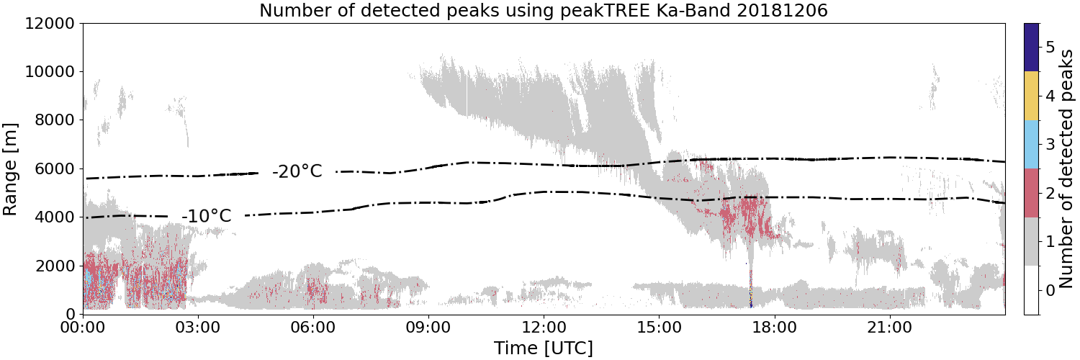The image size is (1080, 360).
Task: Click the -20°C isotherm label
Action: (x=297, y=171)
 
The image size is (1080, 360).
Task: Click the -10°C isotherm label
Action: (x=207, y=215)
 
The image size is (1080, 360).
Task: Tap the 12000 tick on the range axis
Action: (x=50, y=23)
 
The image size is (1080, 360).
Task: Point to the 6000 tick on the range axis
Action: (x=55, y=168)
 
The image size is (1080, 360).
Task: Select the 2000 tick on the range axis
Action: (x=55, y=266)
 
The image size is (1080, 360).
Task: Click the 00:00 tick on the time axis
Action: (x=84, y=328)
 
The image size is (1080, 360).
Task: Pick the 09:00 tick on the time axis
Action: (x=428, y=328)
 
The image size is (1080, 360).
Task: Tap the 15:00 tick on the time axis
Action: (x=659, y=328)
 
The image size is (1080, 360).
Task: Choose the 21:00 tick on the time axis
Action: (x=889, y=328)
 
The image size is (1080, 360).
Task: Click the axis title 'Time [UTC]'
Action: (x=544, y=348)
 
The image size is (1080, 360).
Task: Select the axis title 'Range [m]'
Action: (x=9, y=169)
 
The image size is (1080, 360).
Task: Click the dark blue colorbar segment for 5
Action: (x=1031, y=48)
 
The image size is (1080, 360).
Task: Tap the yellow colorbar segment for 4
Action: (x=1031, y=96)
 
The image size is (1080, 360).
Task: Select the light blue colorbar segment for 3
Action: (x=1031, y=145)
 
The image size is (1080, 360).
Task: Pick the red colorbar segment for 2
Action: (x=1031, y=193)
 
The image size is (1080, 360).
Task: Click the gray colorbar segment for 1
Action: (x=1031, y=241)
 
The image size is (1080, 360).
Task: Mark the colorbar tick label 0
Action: (x=1050, y=290)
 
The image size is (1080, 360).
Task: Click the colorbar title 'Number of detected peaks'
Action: (x=1068, y=169)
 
